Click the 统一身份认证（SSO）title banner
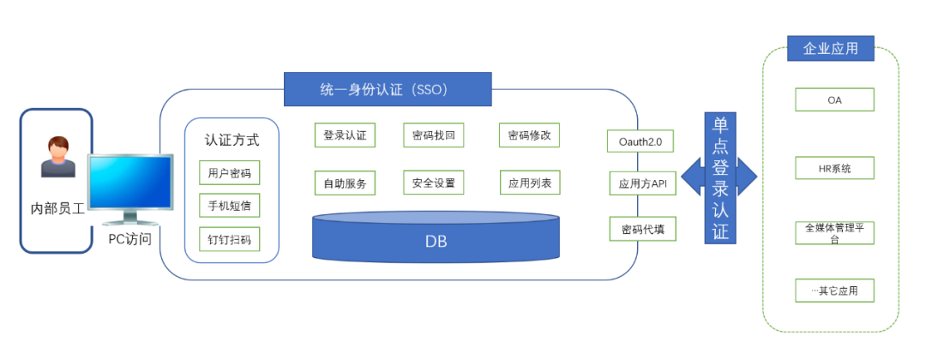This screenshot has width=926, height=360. [x=388, y=89]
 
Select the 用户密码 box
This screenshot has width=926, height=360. [x=229, y=173]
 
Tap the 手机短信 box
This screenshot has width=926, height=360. [x=229, y=206]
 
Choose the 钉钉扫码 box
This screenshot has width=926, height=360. [x=229, y=239]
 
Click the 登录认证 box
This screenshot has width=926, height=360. [x=345, y=135]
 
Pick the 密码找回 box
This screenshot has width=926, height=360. [x=433, y=135]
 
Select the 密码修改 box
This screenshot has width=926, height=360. [x=529, y=135]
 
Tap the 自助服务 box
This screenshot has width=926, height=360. [x=345, y=183]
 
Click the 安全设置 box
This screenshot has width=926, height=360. [x=433, y=183]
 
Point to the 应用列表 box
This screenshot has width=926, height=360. [x=529, y=183]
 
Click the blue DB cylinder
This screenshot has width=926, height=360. [x=436, y=239]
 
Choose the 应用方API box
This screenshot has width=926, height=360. [x=642, y=183]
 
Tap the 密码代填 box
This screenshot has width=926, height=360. [x=642, y=230]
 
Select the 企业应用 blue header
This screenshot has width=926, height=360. [x=830, y=49]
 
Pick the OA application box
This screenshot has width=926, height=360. [x=834, y=100]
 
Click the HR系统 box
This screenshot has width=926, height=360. [x=834, y=168]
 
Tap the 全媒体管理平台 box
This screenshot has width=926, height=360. [x=834, y=233]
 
